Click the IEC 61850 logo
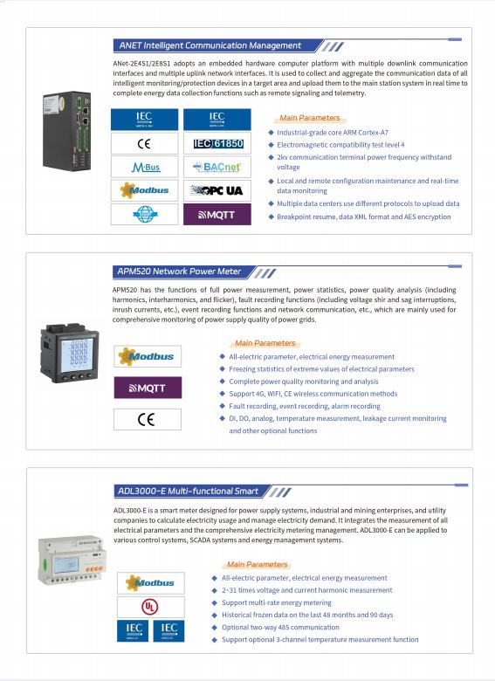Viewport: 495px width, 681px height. [217, 142]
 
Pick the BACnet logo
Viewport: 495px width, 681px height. [217, 166]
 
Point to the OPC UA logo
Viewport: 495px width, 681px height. [217, 189]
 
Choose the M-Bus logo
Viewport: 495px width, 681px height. [145, 166]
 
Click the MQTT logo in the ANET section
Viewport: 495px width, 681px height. [217, 214]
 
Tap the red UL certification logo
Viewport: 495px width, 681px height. [150, 606]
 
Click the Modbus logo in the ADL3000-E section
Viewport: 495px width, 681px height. [150, 582]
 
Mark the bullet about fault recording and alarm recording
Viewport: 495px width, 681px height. [305, 406]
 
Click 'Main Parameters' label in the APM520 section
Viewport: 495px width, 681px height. [265, 343]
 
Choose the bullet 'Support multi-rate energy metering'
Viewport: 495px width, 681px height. [276, 602]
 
